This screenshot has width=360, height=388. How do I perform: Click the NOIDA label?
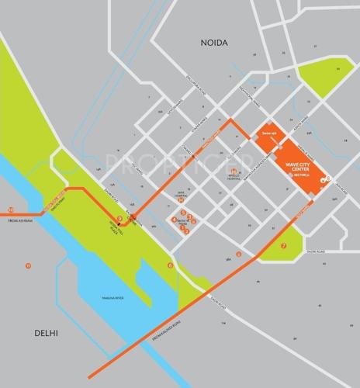click(216, 43)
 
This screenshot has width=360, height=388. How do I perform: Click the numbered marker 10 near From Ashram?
click(10, 210)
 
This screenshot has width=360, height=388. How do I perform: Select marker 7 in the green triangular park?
click(284, 246)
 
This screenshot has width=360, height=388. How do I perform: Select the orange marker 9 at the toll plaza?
click(119, 219)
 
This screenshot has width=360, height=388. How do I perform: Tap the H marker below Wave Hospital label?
click(181, 199)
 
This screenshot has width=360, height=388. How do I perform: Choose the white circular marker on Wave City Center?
click(328, 179)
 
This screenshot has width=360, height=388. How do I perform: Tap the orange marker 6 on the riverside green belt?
click(169, 265)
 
